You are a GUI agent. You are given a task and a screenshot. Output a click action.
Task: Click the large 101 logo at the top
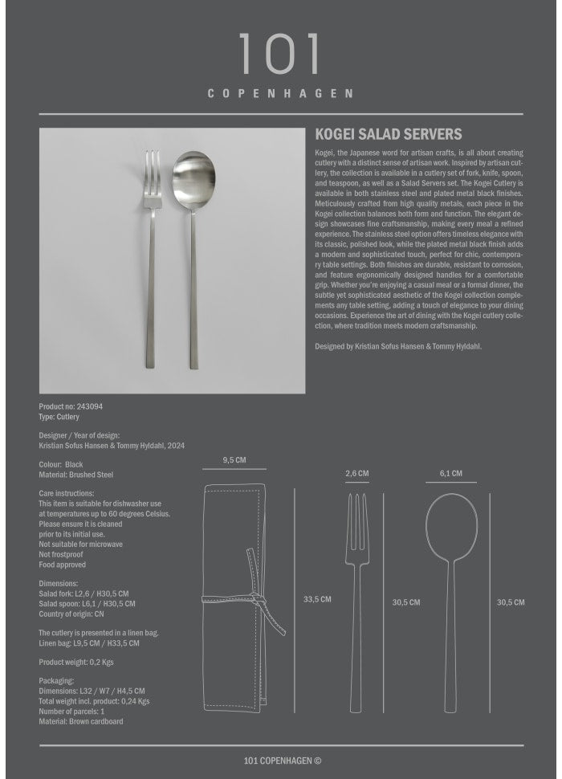pos(280,55)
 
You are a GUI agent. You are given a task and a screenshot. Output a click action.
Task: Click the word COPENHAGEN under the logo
pos(280,93)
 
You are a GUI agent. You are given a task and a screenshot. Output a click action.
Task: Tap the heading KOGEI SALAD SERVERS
pos(389,135)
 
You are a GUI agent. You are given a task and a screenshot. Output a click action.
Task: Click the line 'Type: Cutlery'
pos(59,418)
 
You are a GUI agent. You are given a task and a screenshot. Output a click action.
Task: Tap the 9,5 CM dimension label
pos(234,461)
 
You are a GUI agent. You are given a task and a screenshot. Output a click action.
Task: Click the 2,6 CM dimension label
pos(357,474)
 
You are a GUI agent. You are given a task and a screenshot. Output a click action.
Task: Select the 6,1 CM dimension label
pos(451,474)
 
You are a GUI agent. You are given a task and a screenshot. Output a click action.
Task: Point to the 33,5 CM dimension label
pos(317,599)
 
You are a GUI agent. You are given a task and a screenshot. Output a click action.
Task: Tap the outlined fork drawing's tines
pos(357,514)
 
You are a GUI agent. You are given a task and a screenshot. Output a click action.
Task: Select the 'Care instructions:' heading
pos(67,494)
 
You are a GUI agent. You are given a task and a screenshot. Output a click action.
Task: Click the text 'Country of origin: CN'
pos(71,614)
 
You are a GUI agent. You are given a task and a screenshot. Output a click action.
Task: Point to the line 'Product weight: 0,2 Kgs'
pos(76,662)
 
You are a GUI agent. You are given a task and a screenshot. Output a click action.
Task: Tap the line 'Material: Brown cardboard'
pos(81,722)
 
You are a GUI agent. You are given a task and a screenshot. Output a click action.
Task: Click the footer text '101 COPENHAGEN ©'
pos(283,761)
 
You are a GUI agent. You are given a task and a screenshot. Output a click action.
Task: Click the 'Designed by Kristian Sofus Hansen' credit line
pos(398,346)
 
